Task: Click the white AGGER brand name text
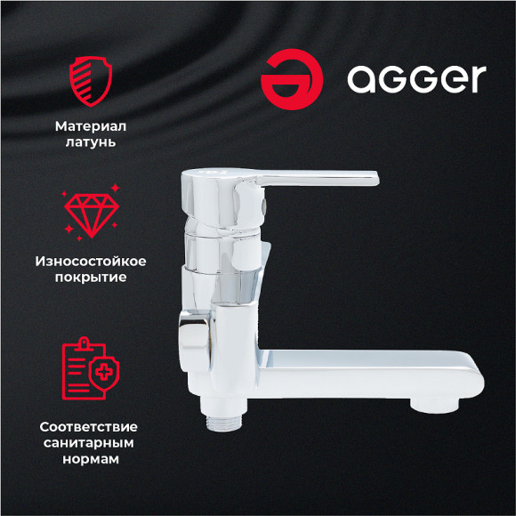[416, 79]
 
